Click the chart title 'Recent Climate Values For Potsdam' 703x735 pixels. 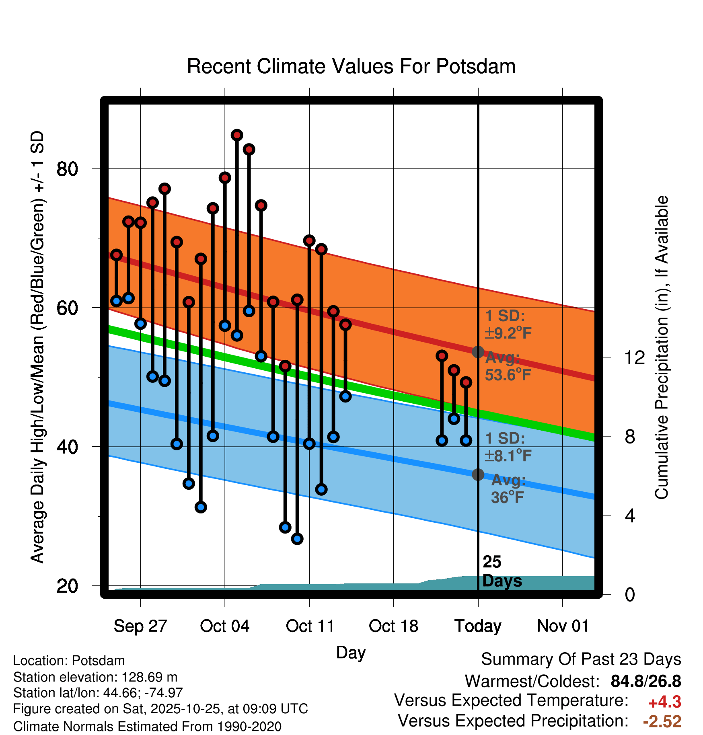[x=351, y=66]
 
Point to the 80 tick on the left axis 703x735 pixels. [x=67, y=169]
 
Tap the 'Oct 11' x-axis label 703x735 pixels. [x=310, y=626]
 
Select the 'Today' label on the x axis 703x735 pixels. [x=478, y=626]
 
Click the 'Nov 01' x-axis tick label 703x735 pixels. [x=563, y=626]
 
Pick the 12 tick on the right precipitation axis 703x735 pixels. [x=634, y=357]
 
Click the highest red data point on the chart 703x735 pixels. [x=237, y=135]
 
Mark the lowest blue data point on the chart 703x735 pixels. [x=297, y=539]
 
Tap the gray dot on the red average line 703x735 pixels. [x=478, y=352]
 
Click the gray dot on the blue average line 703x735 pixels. [x=478, y=474]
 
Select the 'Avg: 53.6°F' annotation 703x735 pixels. [x=508, y=366]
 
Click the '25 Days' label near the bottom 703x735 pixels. [x=502, y=571]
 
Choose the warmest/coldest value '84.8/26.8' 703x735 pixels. [x=645, y=681]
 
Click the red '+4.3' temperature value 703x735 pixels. [x=664, y=702]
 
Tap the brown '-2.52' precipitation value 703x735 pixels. [x=662, y=721]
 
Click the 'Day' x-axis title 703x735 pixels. [x=351, y=652]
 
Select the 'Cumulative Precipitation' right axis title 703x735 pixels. [x=661, y=347]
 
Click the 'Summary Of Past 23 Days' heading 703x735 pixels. [x=581, y=660]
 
